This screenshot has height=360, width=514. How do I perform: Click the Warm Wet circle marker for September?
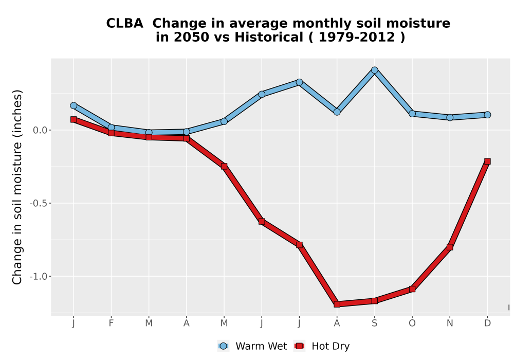pyautogui.click(x=375, y=70)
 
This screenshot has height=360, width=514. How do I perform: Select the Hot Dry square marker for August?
pyautogui.click(x=337, y=304)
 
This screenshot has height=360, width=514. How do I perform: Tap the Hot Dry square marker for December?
pyautogui.click(x=487, y=161)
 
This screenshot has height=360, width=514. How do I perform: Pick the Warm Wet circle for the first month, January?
pyautogui.click(x=74, y=105)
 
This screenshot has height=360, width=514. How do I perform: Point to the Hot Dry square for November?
pyautogui.click(x=450, y=247)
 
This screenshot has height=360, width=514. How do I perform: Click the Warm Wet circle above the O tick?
pyautogui.click(x=412, y=114)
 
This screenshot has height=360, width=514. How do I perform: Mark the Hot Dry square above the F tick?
pyautogui.click(x=111, y=133)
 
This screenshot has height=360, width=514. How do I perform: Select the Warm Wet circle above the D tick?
pyautogui.click(x=487, y=115)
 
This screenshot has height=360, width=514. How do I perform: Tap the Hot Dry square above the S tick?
pyautogui.click(x=375, y=301)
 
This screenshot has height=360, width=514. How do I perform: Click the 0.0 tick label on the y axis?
pyautogui.click(x=40, y=131)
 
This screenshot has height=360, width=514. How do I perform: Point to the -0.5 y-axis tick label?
pyautogui.click(x=39, y=203)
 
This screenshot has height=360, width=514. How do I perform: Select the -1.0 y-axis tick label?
pyautogui.click(x=39, y=276)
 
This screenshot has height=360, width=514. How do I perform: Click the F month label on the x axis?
pyautogui.click(x=111, y=323)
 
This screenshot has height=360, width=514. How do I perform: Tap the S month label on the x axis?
pyautogui.click(x=375, y=323)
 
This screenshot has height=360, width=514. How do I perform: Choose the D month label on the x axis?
pyautogui.click(x=487, y=323)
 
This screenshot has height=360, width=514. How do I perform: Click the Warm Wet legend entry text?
pyautogui.click(x=261, y=346)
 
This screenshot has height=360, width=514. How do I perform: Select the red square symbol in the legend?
pyautogui.click(x=300, y=346)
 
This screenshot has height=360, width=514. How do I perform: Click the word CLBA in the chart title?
pyautogui.click(x=124, y=24)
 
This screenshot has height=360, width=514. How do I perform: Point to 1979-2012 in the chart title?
pyautogui.click(x=357, y=38)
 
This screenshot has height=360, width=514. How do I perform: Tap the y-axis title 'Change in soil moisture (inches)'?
pyautogui.click(x=17, y=187)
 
